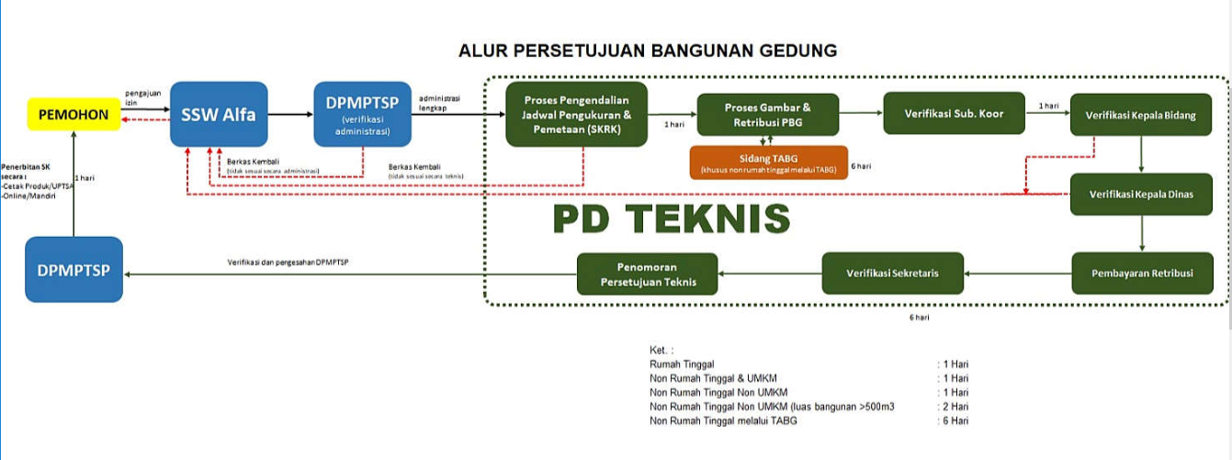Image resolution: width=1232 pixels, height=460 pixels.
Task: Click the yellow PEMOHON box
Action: tap(73, 115)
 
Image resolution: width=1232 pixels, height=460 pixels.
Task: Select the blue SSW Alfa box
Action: tap(219, 114)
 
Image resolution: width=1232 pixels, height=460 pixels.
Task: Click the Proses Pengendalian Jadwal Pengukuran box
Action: tap(577, 115)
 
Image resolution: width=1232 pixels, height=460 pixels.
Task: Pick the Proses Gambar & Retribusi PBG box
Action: tap(768, 115)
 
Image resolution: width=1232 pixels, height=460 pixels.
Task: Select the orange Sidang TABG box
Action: tap(768, 163)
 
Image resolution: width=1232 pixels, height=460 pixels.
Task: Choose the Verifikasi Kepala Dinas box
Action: tap(1140, 195)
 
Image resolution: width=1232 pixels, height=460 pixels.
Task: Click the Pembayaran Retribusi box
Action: tap(1142, 274)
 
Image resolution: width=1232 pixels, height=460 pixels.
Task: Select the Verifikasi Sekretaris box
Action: tap(892, 274)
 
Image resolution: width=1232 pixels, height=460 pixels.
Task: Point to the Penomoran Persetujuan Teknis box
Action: tap(649, 274)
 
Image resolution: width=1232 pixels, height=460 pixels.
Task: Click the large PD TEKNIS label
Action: tap(671, 219)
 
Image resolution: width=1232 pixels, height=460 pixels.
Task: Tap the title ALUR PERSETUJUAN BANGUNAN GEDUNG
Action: tap(648, 50)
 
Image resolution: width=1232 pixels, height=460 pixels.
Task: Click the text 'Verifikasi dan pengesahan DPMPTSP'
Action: tap(288, 264)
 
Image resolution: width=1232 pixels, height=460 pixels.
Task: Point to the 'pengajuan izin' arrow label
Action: tap(144, 97)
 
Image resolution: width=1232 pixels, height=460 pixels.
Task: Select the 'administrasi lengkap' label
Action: tap(440, 103)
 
